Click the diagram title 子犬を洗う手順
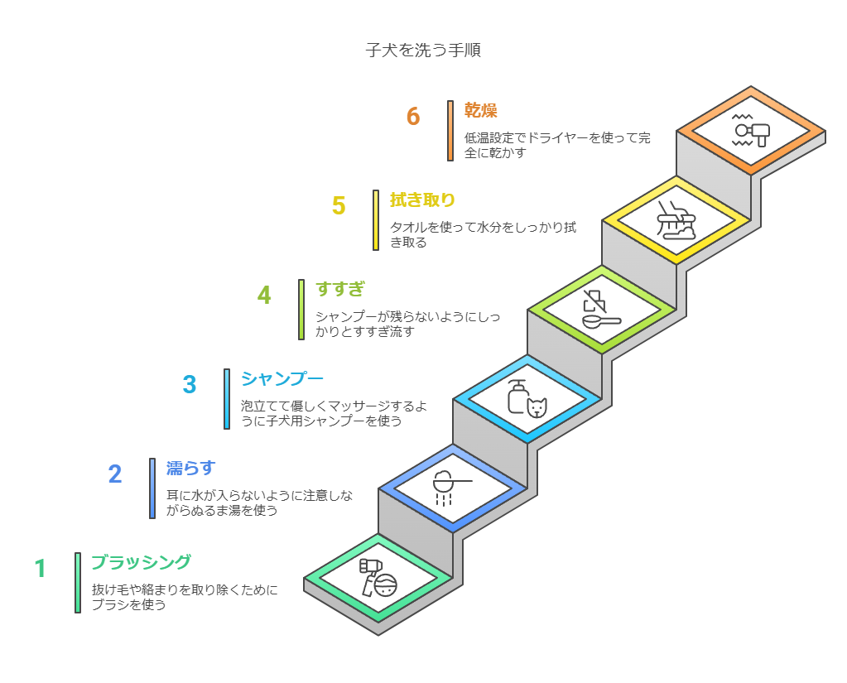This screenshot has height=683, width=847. (x=423, y=51)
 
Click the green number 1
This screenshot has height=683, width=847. (x=40, y=569)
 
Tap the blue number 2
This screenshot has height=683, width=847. (x=115, y=474)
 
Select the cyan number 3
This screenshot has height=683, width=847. (x=189, y=384)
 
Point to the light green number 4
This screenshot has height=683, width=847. (x=264, y=295)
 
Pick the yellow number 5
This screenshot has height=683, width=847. (x=339, y=205)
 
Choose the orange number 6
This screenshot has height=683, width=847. (x=413, y=116)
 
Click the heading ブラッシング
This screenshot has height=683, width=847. (x=141, y=562)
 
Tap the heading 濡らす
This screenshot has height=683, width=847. (x=190, y=468)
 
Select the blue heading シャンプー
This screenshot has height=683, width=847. (x=282, y=378)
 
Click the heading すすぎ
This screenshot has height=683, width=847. (x=340, y=289)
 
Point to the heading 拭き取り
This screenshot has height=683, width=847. (x=422, y=200)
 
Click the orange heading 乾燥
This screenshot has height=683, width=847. (x=481, y=111)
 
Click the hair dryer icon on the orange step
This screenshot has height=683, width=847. (x=751, y=131)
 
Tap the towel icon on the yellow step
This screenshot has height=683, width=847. (x=676, y=220)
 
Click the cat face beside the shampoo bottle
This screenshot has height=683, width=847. (x=537, y=407)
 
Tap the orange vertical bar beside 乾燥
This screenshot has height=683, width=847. (x=450, y=131)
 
